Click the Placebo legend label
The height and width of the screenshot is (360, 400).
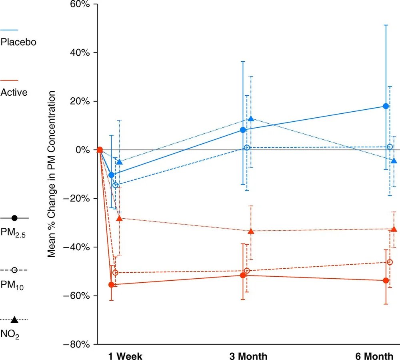pos(18,42)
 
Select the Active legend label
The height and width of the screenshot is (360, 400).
pos(14,93)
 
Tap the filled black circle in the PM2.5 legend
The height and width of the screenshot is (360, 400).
pos(14,218)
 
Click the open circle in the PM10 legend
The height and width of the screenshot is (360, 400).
pos(14,271)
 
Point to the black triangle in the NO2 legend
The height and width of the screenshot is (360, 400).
pos(14,320)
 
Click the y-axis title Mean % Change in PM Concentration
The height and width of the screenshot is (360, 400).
pos(52,173)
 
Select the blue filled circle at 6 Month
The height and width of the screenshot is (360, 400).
pos(386,106)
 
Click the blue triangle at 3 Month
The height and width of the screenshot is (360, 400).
pos(251,119)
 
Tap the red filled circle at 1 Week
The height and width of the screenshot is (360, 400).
pos(112,284)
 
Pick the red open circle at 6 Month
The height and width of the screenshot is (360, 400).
pos(390,262)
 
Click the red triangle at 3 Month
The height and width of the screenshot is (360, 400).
pos(251,231)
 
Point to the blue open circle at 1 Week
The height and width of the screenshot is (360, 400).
pos(115,185)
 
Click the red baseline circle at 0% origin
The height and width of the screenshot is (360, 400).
pos(100,150)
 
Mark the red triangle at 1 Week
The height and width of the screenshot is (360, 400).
pos(119,219)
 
